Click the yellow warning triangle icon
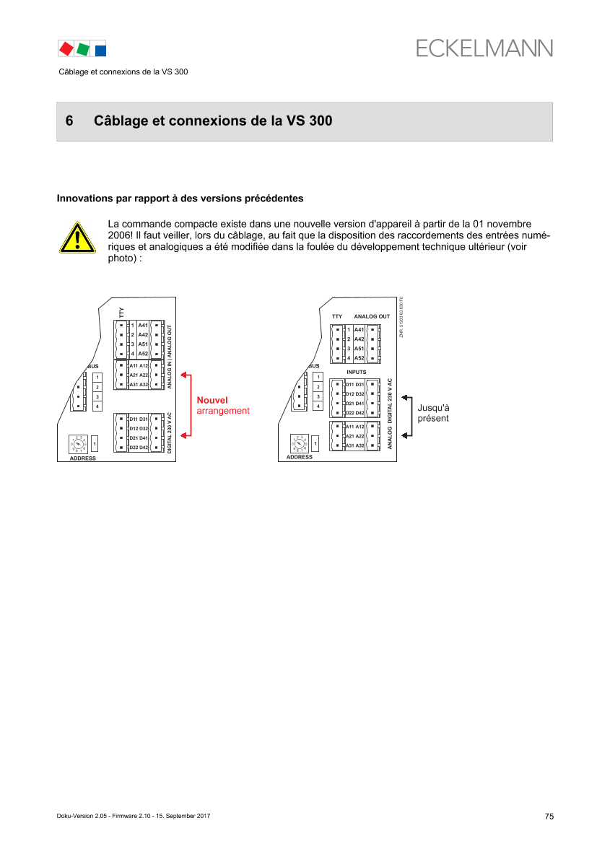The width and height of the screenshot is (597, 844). [x=77, y=238]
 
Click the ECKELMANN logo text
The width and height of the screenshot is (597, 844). [x=484, y=48]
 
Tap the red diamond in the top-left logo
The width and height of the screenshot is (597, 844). [x=66, y=48]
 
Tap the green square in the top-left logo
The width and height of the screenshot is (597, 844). [x=83, y=48]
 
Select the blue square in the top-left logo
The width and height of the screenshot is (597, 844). [x=100, y=50]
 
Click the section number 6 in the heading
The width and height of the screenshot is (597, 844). [x=69, y=121]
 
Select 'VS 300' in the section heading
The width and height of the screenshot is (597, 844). [x=310, y=121]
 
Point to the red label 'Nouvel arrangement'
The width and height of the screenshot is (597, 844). [x=223, y=405]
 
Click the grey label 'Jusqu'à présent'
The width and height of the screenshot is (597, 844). [x=434, y=413]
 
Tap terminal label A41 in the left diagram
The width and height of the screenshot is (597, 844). [x=143, y=326]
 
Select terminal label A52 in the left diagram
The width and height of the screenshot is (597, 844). [x=143, y=354]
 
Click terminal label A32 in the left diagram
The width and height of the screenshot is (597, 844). [x=144, y=385]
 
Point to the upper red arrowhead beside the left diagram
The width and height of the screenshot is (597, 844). [x=185, y=375]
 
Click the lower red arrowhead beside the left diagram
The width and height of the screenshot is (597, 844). [x=185, y=435]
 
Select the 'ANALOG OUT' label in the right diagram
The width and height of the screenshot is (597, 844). [x=372, y=316]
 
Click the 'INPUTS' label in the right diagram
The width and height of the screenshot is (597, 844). [x=357, y=371]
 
